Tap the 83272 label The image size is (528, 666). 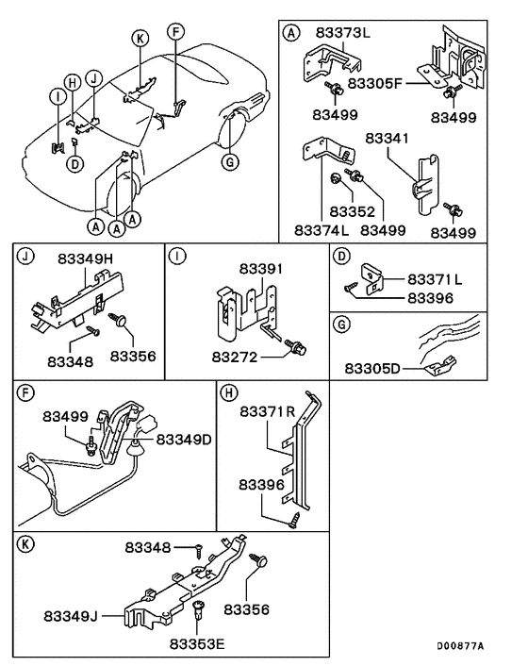coord(237,358)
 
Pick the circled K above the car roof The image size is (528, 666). coord(140,39)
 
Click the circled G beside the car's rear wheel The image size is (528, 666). coord(227,161)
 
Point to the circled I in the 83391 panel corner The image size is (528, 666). coord(174,254)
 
